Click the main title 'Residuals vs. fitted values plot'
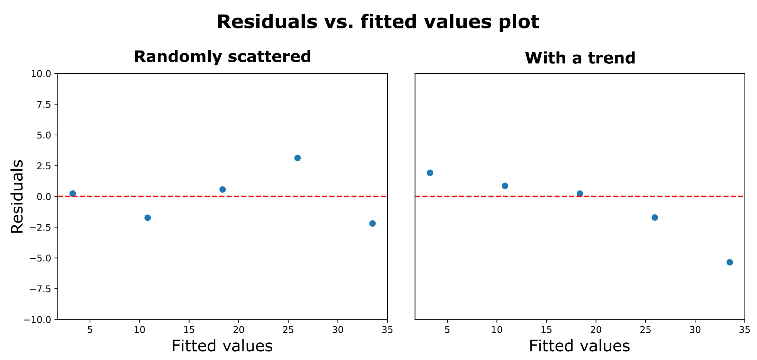378,22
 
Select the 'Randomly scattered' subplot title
222,57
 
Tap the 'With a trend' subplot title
580,58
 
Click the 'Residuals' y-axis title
17,196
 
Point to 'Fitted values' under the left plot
222,346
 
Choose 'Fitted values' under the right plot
580,346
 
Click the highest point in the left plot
298,158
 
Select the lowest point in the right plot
730,262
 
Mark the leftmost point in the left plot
73,193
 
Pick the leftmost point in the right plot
430,173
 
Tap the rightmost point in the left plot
372,223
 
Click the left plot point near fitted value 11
148,217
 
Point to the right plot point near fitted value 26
655,217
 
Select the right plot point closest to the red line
580,193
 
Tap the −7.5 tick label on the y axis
40,289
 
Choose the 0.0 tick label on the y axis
43,197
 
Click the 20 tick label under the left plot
239,330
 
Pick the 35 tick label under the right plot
745,330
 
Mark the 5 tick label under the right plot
447,330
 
